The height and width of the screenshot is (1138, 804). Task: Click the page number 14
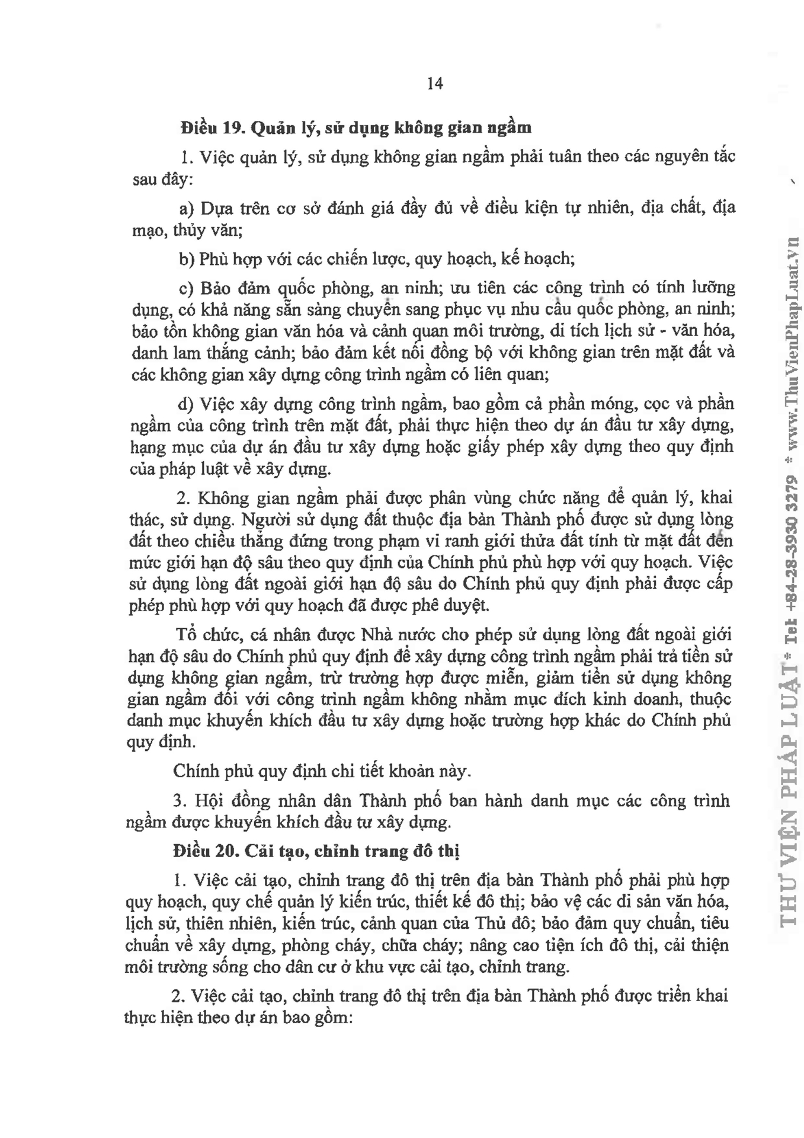click(434, 84)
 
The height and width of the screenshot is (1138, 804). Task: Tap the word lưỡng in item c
click(713, 288)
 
